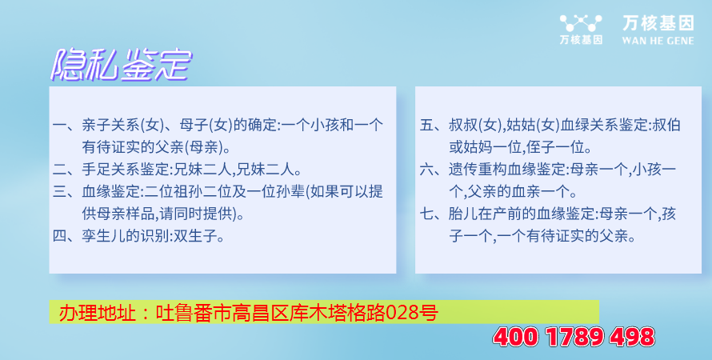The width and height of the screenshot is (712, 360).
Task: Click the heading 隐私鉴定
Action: [122, 66]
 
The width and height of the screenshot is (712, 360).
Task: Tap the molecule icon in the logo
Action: [581, 22]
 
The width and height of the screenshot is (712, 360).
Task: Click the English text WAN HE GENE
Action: [658, 41]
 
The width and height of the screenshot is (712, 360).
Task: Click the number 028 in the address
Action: [402, 312]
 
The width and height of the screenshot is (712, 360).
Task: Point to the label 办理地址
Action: [97, 313]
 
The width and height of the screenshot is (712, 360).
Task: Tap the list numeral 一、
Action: [66, 126]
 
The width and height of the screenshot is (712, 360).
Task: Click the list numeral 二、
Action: [66, 170]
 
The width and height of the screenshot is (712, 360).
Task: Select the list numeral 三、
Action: [66, 192]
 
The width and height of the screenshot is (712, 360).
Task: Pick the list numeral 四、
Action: [66, 237]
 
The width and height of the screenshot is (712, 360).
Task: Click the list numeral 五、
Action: [433, 126]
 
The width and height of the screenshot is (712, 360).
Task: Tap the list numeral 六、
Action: [433, 170]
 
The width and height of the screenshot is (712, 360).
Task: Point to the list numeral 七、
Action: [433, 214]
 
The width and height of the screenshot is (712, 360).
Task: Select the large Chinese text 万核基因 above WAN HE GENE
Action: [658, 23]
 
